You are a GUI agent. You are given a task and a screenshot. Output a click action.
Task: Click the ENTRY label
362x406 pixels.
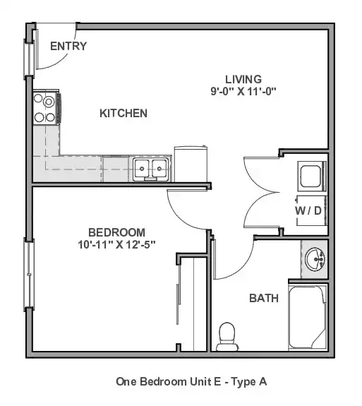[68, 46]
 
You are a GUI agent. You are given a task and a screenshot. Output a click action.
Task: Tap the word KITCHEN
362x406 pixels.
[123, 114]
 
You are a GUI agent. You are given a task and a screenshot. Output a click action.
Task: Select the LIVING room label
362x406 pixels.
[243, 79]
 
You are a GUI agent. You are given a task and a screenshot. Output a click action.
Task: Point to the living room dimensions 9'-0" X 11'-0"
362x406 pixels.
[243, 91]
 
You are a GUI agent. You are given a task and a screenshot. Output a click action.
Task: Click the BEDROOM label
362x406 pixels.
[116, 232]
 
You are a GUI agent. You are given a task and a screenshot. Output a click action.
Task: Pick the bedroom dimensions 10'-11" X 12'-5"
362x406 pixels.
[116, 244]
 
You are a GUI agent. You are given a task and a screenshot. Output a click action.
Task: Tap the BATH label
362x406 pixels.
[264, 298]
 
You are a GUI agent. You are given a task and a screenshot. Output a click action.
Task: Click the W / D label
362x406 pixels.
[308, 211]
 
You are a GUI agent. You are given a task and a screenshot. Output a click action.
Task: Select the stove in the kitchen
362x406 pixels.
[47, 108]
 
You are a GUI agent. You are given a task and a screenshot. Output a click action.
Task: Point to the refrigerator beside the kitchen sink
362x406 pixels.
[191, 164]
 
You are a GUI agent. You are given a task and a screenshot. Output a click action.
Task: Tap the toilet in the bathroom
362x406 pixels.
[227, 337]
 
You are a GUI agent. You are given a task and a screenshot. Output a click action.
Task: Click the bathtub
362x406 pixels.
[308, 318]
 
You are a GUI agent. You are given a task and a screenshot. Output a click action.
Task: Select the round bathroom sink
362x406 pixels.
[315, 259]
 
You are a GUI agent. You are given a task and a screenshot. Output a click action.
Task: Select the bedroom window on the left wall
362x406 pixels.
[29, 275]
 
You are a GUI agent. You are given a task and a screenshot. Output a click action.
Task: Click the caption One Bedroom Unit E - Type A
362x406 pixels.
[191, 382]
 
